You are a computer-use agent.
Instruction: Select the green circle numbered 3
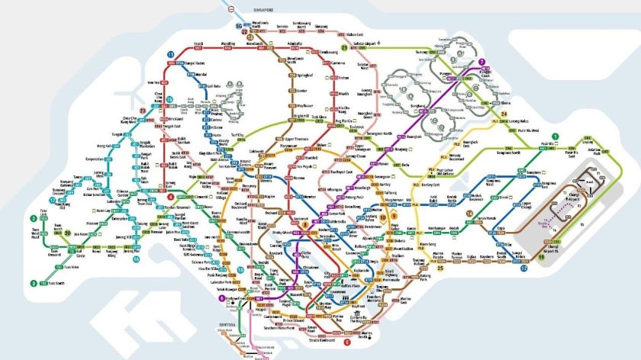(x=34, y=283)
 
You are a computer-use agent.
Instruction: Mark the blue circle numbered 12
(x=523, y=268)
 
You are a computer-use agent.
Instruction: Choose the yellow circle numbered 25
(x=440, y=268)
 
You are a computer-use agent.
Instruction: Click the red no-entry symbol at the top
(x=232, y=10)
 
